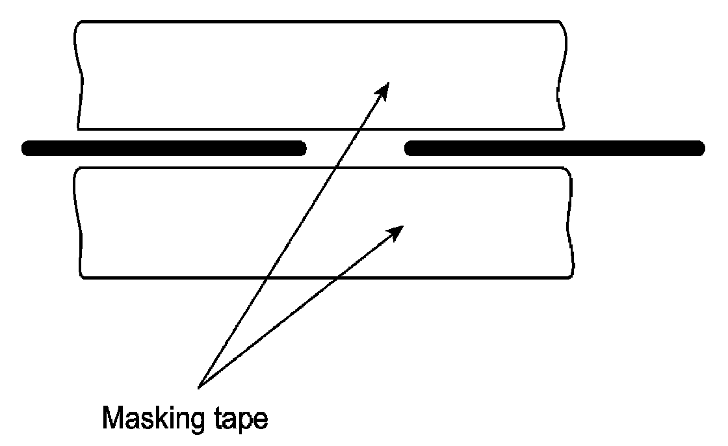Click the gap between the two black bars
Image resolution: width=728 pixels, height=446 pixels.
click(x=355, y=148)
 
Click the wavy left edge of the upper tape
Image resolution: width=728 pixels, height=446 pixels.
click(x=79, y=75)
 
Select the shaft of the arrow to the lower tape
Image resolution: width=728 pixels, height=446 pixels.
click(x=299, y=308)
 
